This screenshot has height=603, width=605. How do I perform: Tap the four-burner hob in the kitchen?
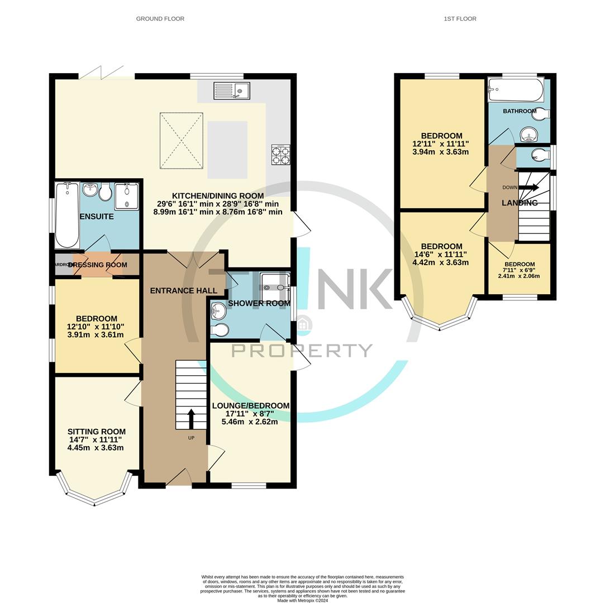click(x=280, y=154)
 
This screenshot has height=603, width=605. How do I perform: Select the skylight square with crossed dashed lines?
click(x=182, y=141)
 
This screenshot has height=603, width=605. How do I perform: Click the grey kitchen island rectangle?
click(x=227, y=150)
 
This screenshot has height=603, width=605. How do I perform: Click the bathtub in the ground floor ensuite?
click(x=67, y=215)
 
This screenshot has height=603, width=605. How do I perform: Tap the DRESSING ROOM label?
click(x=98, y=265)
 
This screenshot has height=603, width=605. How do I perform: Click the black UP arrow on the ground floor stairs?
click(x=191, y=419)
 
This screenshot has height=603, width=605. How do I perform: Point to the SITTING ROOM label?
click(x=96, y=432)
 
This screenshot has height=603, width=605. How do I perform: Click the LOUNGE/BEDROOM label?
click(x=250, y=406)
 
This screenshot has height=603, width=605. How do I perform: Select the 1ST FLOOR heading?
click(x=460, y=19)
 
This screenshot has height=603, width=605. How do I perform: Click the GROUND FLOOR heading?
click(x=160, y=19)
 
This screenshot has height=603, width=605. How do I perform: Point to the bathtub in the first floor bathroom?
click(x=515, y=90)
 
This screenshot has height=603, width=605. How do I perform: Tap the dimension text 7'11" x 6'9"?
click(x=519, y=270)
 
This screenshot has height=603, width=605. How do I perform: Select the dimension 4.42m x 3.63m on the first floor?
click(x=440, y=262)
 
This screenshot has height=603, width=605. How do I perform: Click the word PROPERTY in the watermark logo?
click(x=302, y=351)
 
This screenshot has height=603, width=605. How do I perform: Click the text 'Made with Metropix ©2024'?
click(x=302, y=601)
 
